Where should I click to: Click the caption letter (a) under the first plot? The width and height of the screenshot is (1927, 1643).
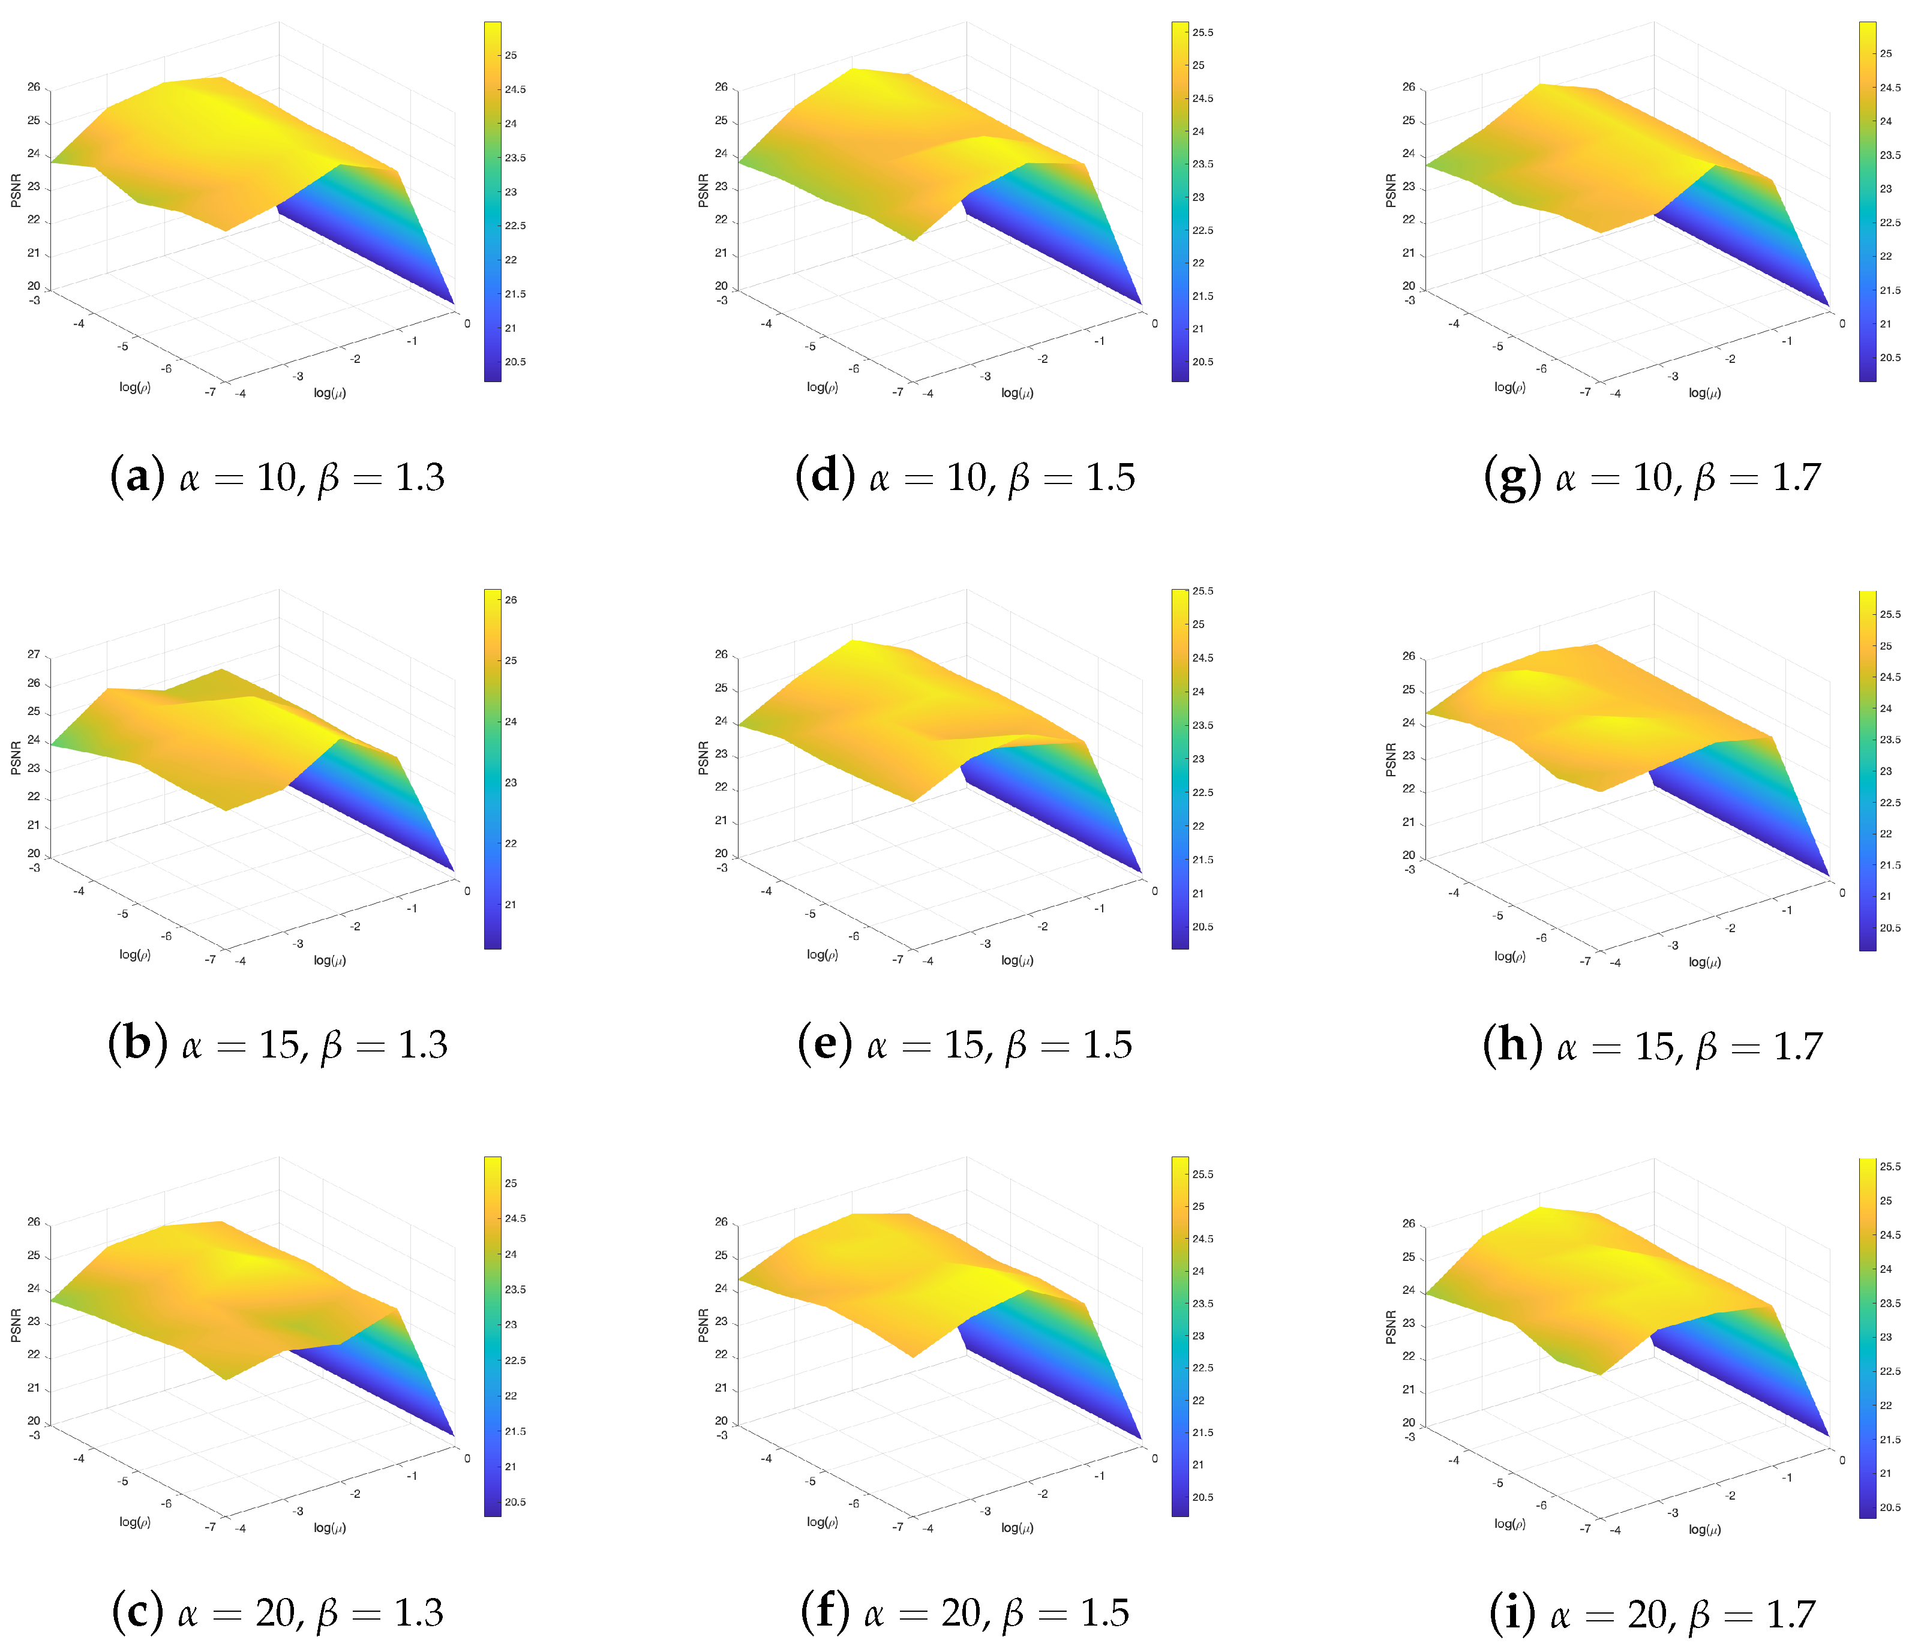tap(137, 477)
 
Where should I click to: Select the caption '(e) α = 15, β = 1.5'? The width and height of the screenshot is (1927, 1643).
tap(965, 1045)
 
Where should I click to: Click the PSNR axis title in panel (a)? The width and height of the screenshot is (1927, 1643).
tap(16, 190)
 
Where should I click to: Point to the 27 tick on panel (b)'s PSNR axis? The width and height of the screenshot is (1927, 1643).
tap(34, 654)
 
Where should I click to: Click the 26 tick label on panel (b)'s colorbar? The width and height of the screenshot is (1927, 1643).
tap(511, 600)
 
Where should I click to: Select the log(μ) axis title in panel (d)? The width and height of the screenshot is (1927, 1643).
tap(1016, 394)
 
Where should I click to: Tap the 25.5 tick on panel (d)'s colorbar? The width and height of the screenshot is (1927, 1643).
tap(1202, 32)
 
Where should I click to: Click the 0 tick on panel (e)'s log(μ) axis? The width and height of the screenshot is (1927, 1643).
tap(1154, 891)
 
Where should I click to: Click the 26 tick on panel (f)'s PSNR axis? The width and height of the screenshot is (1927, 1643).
tap(721, 1222)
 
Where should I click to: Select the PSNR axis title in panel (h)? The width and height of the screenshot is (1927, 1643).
tap(1391, 759)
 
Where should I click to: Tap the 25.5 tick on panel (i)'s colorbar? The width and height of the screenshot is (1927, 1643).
tap(1890, 1166)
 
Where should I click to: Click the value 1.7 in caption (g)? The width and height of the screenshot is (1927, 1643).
tap(1795, 477)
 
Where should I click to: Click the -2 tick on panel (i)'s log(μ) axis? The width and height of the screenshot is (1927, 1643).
tap(1730, 1495)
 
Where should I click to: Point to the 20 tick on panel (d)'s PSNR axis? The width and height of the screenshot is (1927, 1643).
tap(721, 286)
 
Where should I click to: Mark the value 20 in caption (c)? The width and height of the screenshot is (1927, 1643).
tap(275, 1613)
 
